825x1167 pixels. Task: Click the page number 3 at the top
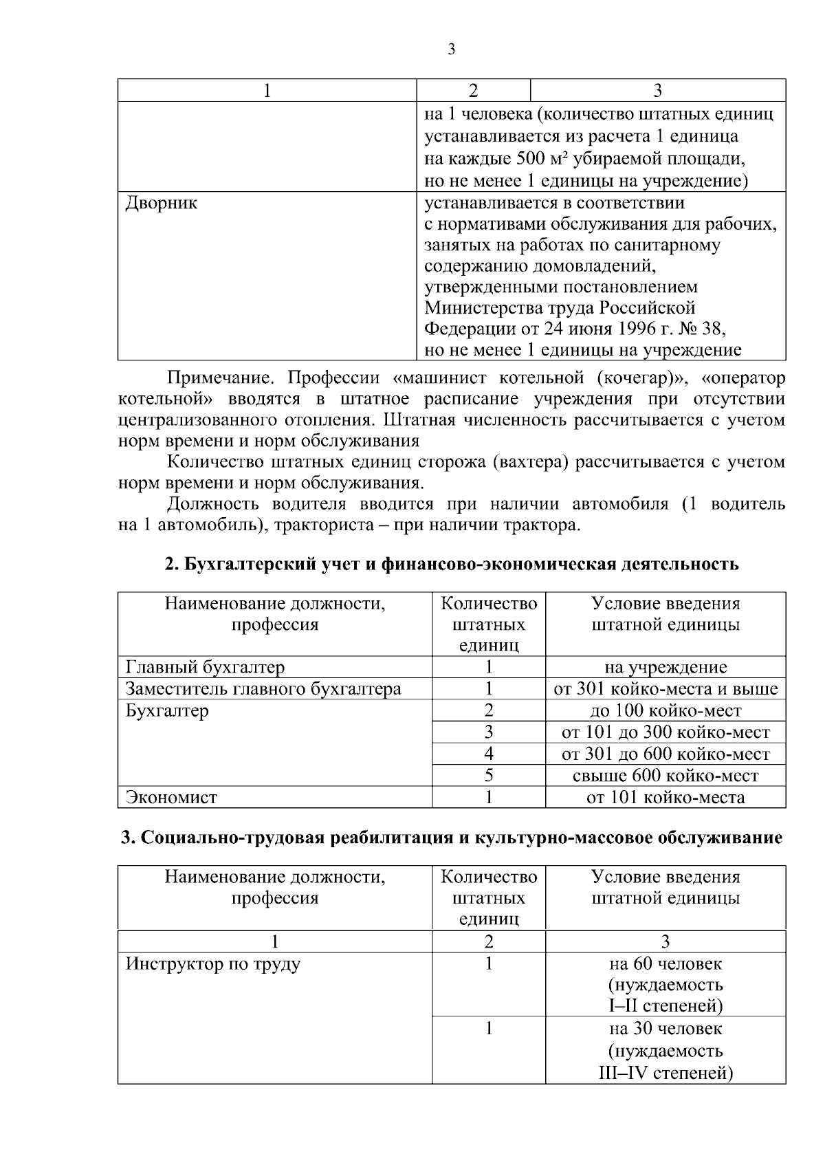point(451,50)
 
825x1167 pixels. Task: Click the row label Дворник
point(162,204)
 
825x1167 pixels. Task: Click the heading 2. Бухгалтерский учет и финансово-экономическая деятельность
point(452,565)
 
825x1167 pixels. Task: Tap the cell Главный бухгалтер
point(205,667)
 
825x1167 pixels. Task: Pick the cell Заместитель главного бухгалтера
point(263,689)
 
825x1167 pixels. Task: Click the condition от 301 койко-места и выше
point(665,689)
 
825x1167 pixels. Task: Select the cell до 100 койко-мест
point(665,711)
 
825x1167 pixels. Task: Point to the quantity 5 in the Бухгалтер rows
point(489,776)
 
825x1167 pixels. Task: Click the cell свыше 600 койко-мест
point(665,776)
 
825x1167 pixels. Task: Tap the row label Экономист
point(171,798)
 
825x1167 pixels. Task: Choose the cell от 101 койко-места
point(665,798)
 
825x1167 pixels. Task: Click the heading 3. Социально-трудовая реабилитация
point(452,838)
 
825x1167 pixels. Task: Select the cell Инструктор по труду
point(213,964)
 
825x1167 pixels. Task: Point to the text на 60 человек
point(665,964)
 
